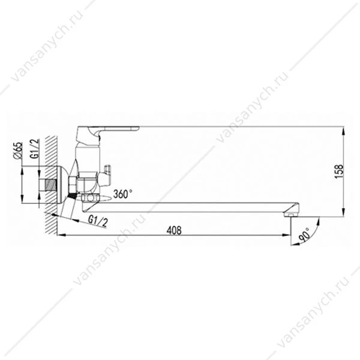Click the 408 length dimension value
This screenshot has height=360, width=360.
point(174,230)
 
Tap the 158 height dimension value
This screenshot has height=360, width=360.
point(340,171)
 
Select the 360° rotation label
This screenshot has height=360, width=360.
point(123,194)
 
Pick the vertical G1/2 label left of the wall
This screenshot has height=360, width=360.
point(35,149)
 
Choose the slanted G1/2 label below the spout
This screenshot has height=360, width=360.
point(98,221)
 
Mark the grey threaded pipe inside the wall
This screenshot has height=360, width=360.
point(51,185)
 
